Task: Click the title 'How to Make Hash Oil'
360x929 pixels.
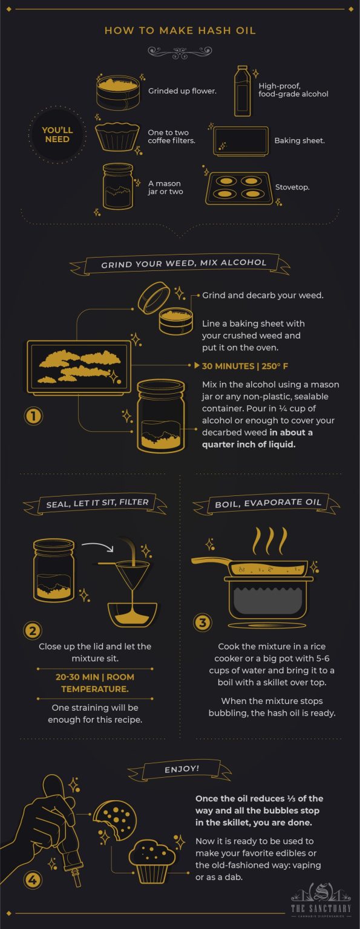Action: [x=180, y=31]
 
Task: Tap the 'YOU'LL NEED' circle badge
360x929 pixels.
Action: [x=56, y=135]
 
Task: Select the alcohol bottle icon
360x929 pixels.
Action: [x=242, y=91]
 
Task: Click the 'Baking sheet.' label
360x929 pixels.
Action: [x=299, y=140]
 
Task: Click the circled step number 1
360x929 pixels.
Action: [x=33, y=416]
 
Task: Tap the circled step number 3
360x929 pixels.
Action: [x=202, y=622]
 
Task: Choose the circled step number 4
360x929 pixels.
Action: [x=33, y=880]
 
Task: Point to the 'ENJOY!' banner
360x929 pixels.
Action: [x=180, y=770]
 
